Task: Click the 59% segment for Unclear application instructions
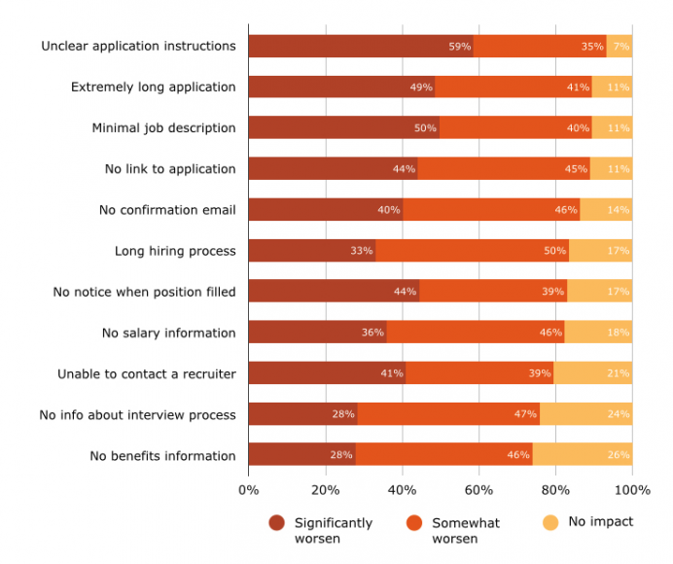tap(361, 46)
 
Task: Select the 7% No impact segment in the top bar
tap(620, 46)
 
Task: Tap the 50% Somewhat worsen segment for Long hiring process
tap(472, 251)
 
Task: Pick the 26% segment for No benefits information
tap(583, 455)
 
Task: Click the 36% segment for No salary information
tap(317, 333)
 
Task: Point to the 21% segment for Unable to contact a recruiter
tap(593, 373)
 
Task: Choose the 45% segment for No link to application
tap(504, 168)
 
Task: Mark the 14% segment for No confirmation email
tap(606, 210)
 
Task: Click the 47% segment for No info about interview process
tap(448, 414)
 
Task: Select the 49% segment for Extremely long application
tap(341, 87)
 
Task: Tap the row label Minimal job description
tap(163, 127)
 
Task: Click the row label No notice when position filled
tap(144, 292)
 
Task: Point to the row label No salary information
tap(168, 333)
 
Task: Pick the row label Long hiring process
tap(175, 251)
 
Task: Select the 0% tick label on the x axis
tap(248, 489)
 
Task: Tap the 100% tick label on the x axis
tap(632, 489)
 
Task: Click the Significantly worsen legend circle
tap(277, 523)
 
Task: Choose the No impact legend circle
tap(550, 523)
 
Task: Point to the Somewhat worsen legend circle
tap(414, 523)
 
